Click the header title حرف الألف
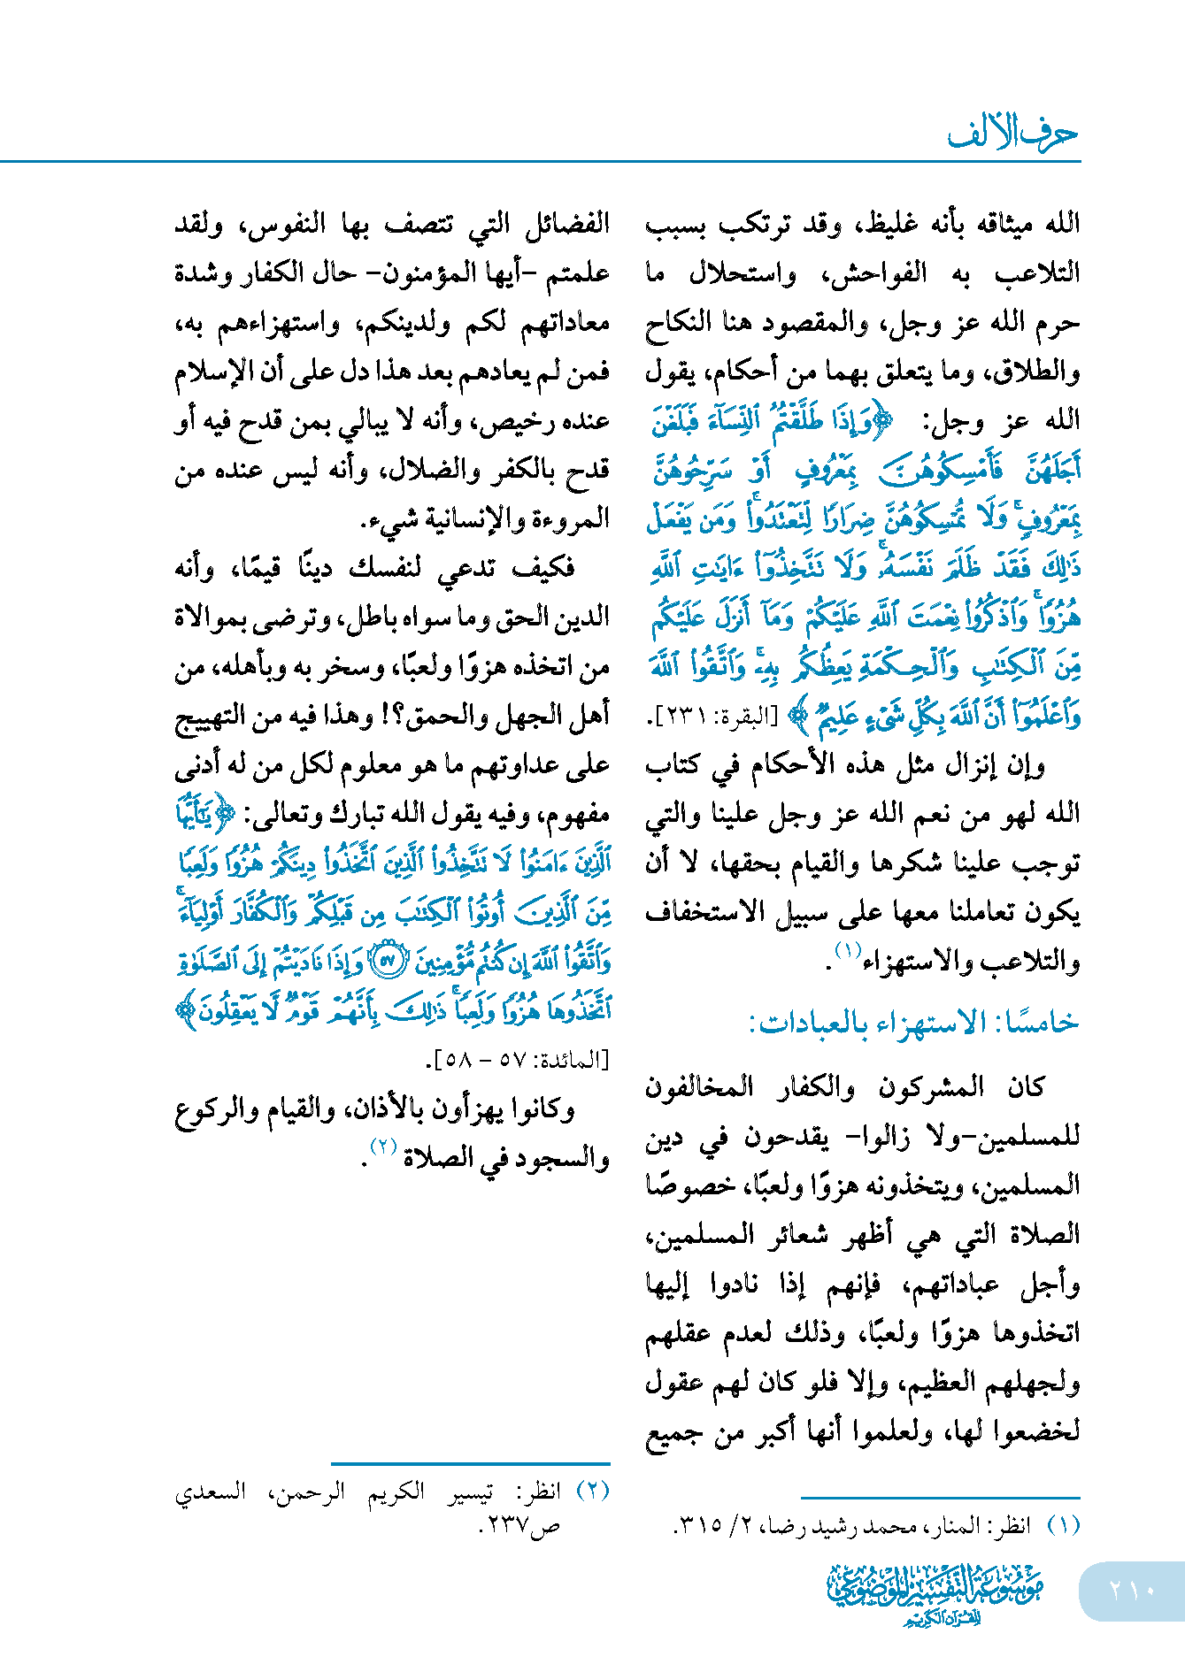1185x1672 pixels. (1012, 134)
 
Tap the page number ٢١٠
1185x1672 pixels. (1132, 1591)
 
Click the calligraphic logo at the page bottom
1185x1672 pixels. (935, 1592)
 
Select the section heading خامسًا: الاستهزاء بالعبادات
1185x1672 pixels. (914, 1023)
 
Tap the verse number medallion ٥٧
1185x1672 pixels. (386, 960)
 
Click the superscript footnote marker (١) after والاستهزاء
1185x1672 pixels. (848, 951)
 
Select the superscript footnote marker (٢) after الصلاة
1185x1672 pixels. (382, 1147)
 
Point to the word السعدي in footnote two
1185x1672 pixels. (210, 1492)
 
